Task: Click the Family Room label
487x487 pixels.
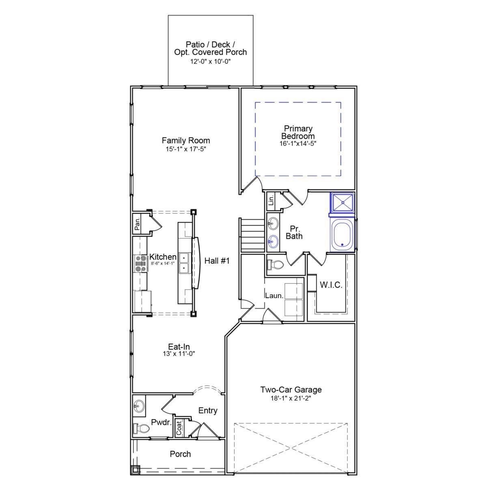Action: click(x=186, y=140)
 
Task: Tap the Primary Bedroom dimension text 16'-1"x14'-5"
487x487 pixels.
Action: click(x=298, y=144)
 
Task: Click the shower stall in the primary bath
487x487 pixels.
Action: click(x=343, y=203)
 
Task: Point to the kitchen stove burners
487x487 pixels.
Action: click(x=141, y=263)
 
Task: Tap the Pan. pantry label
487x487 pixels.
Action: click(x=138, y=224)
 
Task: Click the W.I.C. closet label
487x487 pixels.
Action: click(x=331, y=285)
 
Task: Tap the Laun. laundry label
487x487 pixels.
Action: click(x=274, y=295)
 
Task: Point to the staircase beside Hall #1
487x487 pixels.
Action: click(x=252, y=235)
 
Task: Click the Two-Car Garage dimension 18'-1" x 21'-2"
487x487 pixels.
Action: click(x=291, y=398)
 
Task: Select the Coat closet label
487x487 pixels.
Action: click(x=179, y=428)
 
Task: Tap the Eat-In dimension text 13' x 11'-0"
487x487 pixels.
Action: click(x=179, y=353)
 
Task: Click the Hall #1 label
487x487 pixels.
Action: click(x=217, y=261)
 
